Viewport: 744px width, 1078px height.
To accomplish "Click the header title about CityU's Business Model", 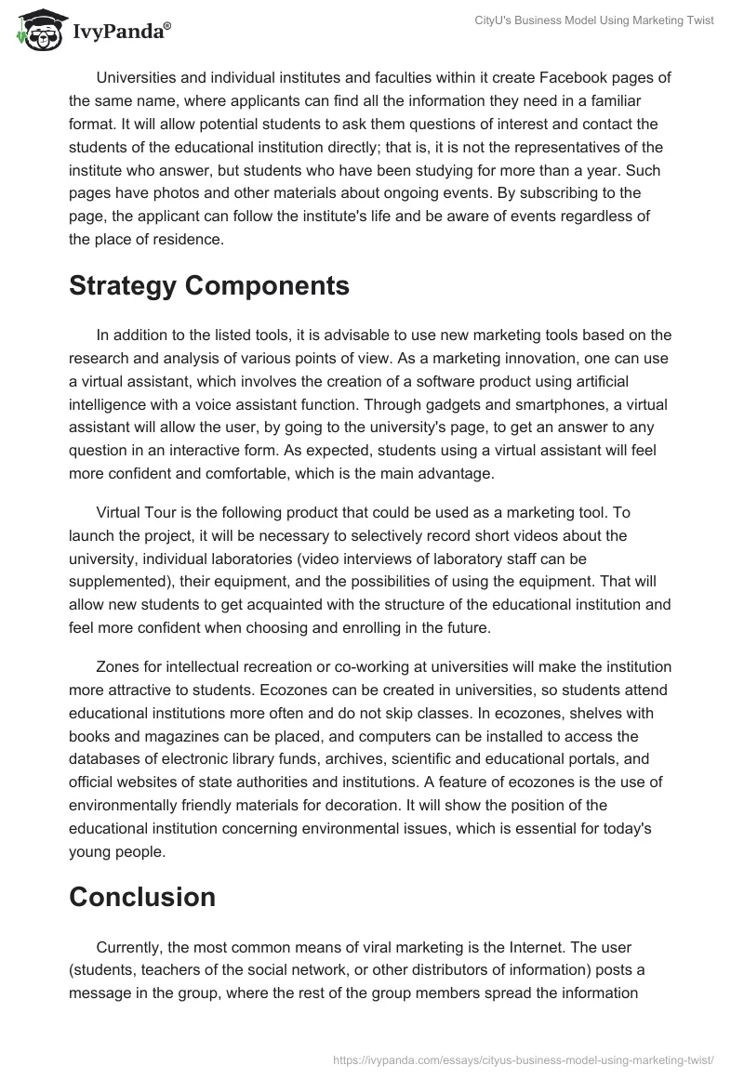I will [x=620, y=21].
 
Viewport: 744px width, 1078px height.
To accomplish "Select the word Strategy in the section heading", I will [x=126, y=285].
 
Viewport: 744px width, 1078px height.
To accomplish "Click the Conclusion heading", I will [x=141, y=897].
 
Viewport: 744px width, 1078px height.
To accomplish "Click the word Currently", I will [x=131, y=946].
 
